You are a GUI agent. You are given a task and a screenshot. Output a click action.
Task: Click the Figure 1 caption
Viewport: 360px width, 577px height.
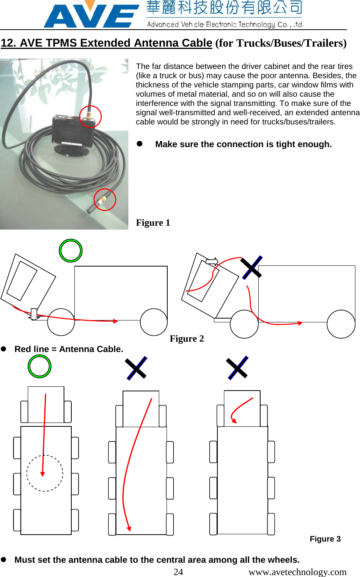coord(153,223)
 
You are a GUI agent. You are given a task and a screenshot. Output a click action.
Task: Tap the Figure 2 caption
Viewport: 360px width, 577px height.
coord(187,339)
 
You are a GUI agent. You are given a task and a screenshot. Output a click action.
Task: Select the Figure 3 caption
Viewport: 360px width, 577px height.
coord(325,539)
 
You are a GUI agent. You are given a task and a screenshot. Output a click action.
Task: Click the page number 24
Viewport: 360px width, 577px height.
coord(178,572)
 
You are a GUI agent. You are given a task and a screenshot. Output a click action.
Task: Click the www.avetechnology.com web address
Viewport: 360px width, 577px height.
coord(297,572)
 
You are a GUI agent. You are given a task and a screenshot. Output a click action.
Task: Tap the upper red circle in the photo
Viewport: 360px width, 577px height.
coord(90,116)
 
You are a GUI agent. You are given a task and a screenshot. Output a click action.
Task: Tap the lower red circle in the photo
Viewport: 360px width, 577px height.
coord(105,200)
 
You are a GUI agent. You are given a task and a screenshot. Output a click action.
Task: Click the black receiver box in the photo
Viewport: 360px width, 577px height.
coord(72,131)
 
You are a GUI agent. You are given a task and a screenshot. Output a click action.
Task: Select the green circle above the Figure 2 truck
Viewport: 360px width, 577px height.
coord(71,251)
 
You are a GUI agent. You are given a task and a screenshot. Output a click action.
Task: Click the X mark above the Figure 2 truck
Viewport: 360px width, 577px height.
coord(251,267)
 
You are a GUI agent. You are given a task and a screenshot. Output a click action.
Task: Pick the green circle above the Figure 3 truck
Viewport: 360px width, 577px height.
coord(39,366)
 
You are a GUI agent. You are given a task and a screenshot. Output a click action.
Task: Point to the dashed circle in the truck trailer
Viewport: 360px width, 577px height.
coord(45,473)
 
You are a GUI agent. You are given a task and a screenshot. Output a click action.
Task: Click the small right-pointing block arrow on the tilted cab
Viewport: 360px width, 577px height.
coord(212,262)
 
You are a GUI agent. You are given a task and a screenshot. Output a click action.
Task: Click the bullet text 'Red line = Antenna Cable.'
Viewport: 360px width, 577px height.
coord(69,349)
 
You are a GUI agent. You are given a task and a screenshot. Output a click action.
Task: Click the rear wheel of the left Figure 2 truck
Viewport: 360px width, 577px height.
coord(154,322)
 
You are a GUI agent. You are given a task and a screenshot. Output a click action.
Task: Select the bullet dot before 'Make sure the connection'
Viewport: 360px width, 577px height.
coord(140,144)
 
